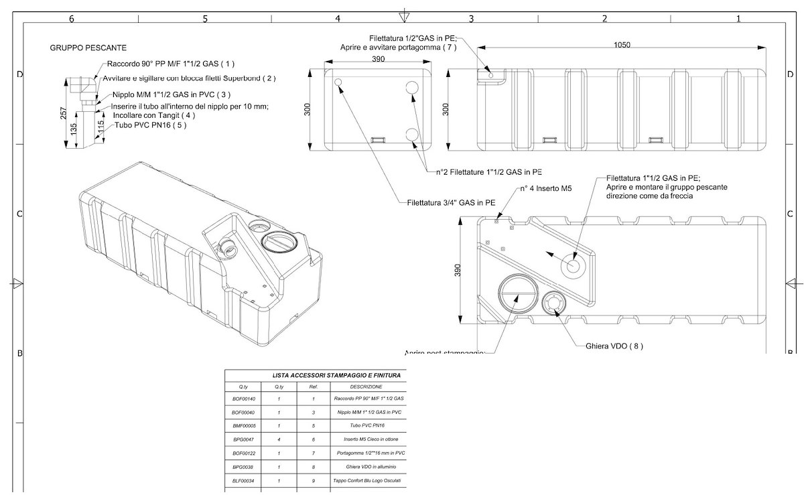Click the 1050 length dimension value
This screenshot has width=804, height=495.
pyautogui.click(x=621, y=45)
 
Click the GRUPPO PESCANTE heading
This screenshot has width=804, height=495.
pyautogui.click(x=88, y=48)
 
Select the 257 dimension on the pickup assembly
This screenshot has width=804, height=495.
pyautogui.click(x=62, y=114)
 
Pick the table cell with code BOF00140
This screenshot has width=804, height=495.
pyautogui.click(x=243, y=399)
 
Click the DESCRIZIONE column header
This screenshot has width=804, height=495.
pyautogui.click(x=366, y=386)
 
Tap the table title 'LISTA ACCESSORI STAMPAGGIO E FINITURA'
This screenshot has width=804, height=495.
pyautogui.click(x=336, y=375)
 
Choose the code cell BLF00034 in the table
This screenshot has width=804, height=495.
pyautogui.click(x=243, y=480)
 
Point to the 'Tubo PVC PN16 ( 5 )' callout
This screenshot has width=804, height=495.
pyautogui.click(x=150, y=125)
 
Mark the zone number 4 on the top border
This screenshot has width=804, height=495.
pyautogui.click(x=338, y=19)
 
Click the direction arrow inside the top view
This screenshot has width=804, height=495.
pyautogui.click(x=552, y=255)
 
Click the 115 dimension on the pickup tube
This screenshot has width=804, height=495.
pyautogui.click(x=100, y=126)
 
